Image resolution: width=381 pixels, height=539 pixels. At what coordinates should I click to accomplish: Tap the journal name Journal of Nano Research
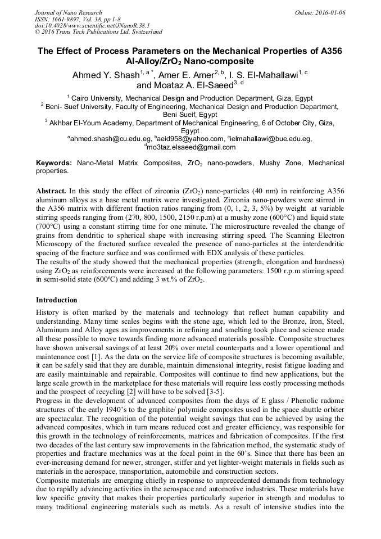tap(68, 12)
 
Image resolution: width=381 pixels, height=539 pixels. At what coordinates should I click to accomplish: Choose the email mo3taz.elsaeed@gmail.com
tap(191, 147)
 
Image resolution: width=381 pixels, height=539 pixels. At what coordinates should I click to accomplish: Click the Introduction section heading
tap(57, 300)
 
